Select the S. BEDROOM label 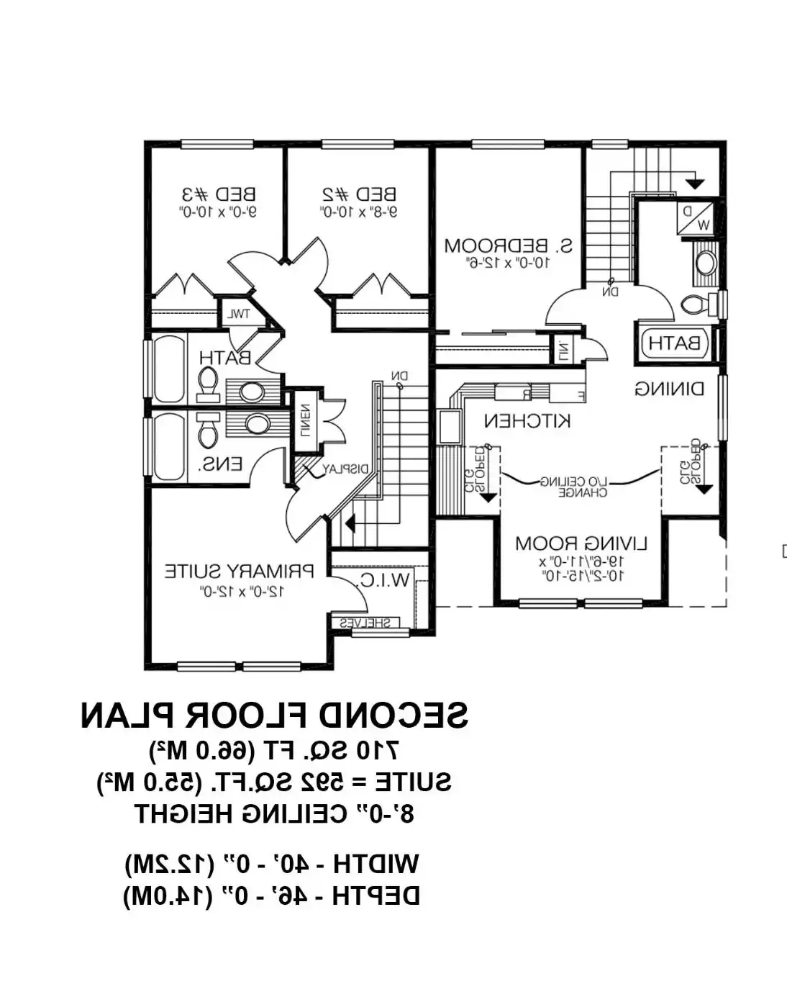point(508,246)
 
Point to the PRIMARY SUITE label point(239,572)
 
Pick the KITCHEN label point(527,420)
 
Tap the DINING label point(669,389)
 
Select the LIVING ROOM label point(581,543)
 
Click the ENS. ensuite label point(221,465)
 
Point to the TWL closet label point(238,315)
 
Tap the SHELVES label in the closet point(365,623)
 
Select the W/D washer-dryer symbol point(694,218)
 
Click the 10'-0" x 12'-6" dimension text point(508,263)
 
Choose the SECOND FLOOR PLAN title point(274,716)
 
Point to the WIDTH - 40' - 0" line point(271,864)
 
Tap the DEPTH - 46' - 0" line point(271,896)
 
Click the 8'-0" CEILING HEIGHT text point(274,814)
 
